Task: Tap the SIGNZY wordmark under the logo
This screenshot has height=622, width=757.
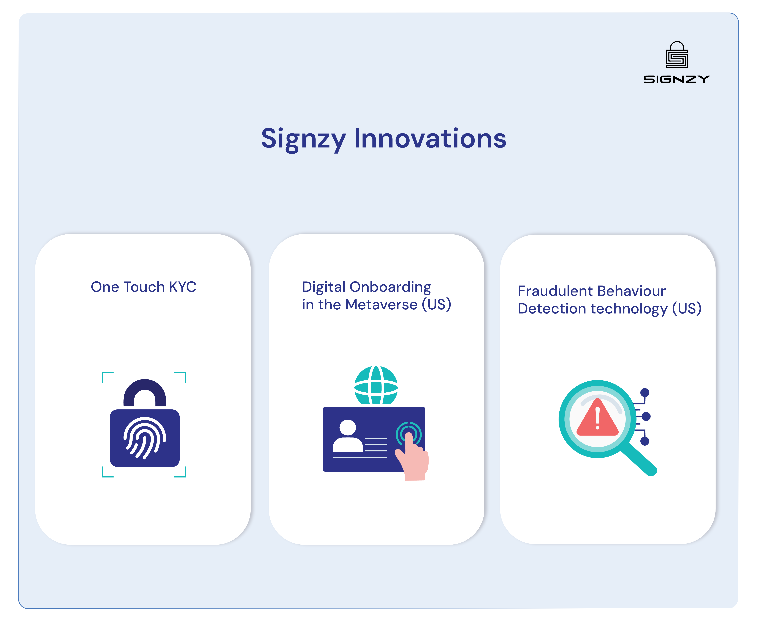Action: [676, 80]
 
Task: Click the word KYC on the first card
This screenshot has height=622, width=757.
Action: [182, 287]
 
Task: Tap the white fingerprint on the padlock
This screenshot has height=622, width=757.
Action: [144, 438]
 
